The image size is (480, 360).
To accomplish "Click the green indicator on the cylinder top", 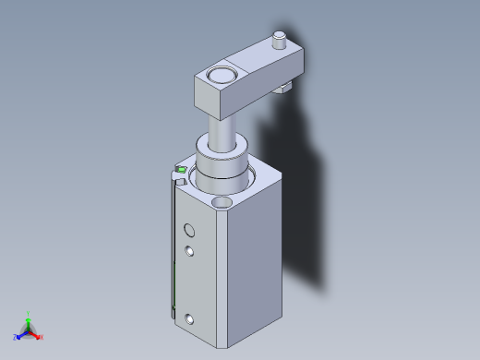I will point(182,170).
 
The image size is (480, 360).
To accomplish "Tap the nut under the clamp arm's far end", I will point(284,88).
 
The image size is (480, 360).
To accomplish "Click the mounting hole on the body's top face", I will point(222,200).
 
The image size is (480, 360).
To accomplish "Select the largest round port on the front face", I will point(189,230).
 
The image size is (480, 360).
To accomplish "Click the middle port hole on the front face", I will point(189,251).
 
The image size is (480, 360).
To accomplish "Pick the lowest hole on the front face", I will point(189,319).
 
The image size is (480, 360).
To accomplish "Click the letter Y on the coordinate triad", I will point(29,313).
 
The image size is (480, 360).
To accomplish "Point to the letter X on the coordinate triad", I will point(42,337).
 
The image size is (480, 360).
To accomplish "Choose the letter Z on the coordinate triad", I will point(15,337).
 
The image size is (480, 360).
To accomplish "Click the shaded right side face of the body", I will point(253,258).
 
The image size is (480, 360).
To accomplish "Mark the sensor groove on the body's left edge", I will point(173,249).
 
